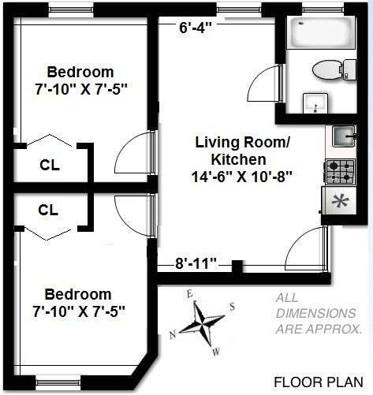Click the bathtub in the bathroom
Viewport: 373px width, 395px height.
click(x=321, y=32)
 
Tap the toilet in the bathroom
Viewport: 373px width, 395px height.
click(x=334, y=69)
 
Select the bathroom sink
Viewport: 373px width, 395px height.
click(x=315, y=103)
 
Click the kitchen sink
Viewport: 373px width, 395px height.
click(x=344, y=136)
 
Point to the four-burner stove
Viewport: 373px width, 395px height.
click(x=340, y=171)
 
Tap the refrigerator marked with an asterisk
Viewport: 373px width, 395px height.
click(x=339, y=201)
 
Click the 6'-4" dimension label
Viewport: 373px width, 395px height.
click(x=195, y=28)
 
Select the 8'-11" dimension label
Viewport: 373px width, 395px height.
click(x=196, y=263)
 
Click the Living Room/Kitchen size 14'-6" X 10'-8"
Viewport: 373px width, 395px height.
click(x=242, y=177)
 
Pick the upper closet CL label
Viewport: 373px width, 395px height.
click(x=50, y=166)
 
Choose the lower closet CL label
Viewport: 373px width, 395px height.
click(x=48, y=210)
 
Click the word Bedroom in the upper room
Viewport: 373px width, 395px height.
click(x=80, y=72)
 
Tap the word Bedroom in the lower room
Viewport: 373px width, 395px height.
click(x=78, y=294)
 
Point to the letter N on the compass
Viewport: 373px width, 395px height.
click(x=173, y=335)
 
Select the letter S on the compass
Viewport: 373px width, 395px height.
click(x=232, y=307)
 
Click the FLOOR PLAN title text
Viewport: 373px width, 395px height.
click(x=319, y=382)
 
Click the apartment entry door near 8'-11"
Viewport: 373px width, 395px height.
click(x=307, y=249)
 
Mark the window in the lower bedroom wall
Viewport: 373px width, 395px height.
click(x=58, y=382)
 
